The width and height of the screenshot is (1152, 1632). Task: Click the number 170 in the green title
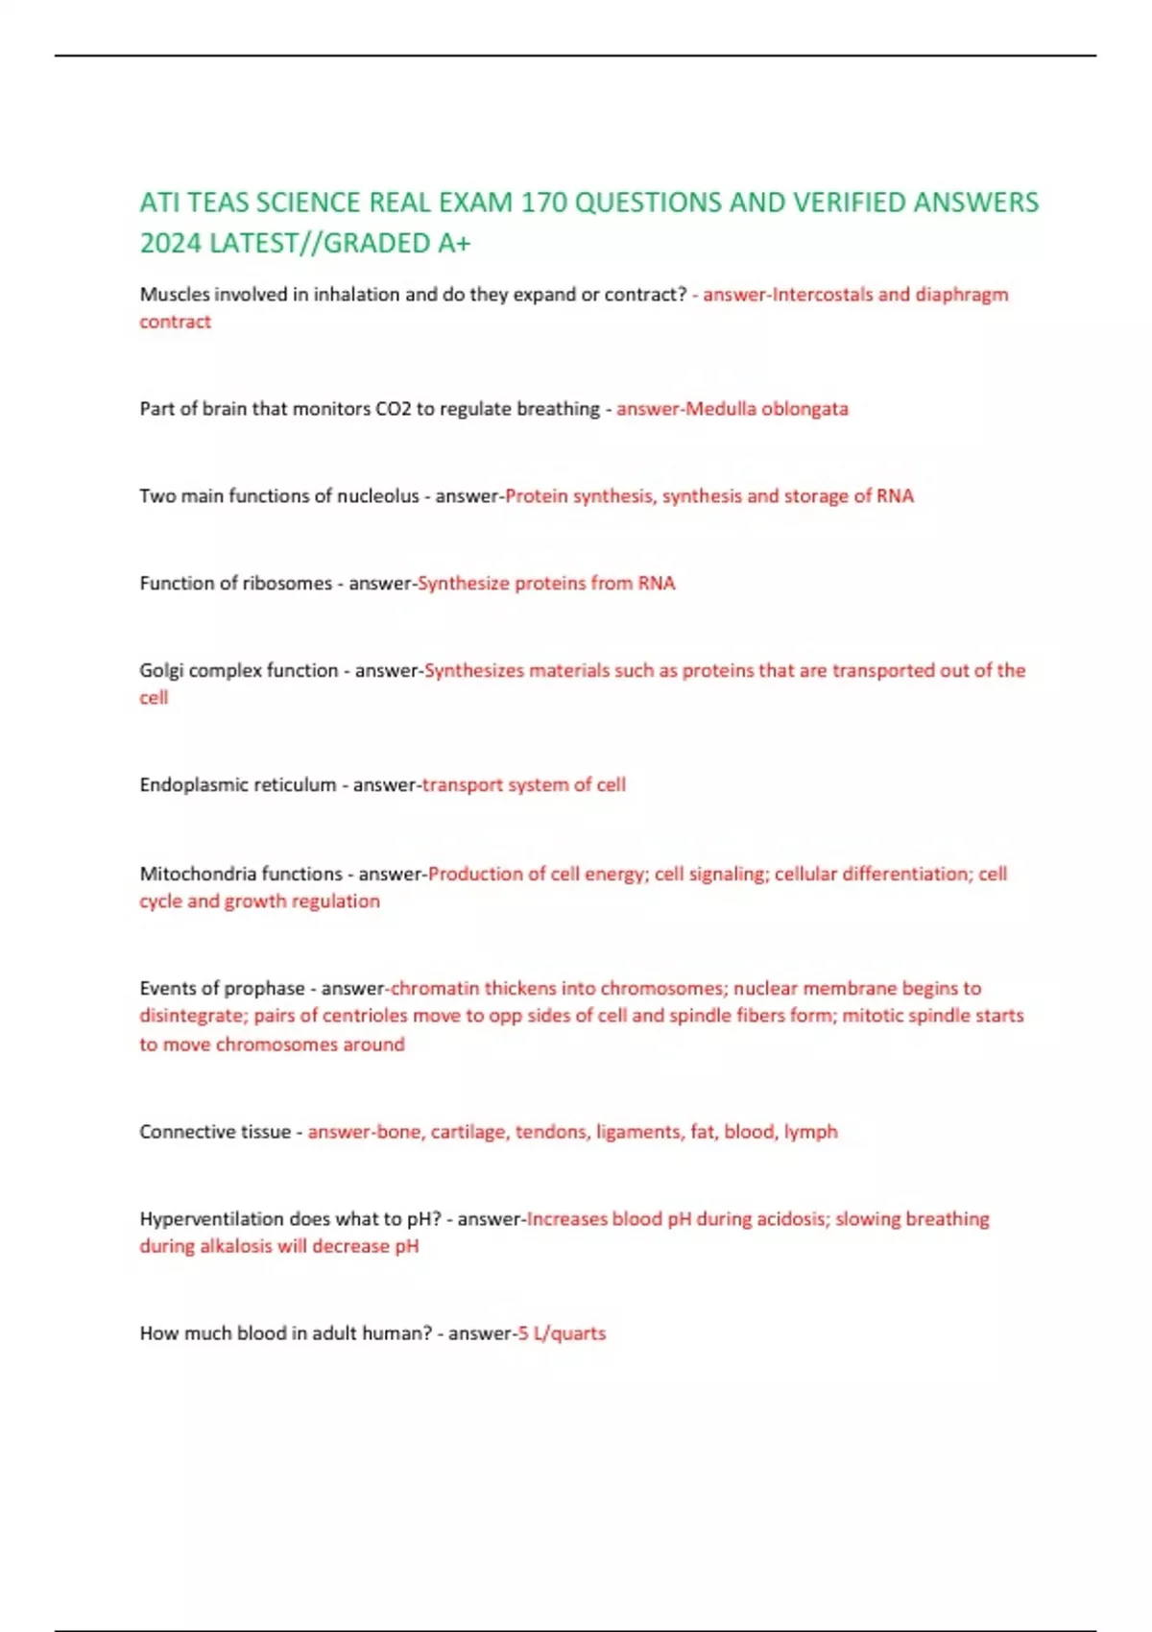543,203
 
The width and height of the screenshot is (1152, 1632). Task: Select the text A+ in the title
454,244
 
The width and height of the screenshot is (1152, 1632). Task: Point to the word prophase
264,988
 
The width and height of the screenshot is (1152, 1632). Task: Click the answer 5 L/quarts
562,1333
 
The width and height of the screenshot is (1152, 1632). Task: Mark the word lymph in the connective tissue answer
810,1132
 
